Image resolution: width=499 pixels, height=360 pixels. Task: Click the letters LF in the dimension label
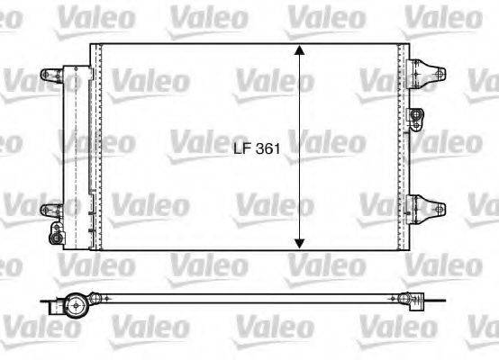tap(240, 151)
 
